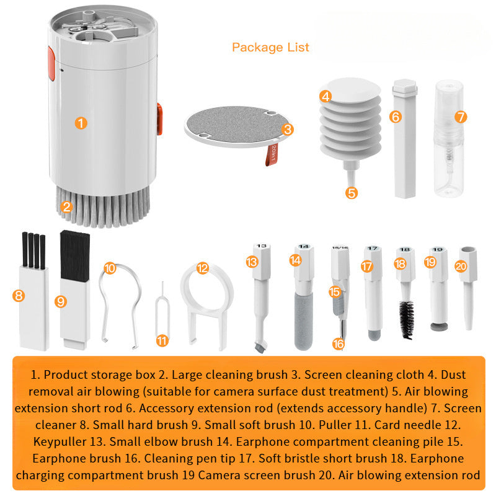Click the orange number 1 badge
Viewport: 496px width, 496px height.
(81, 122)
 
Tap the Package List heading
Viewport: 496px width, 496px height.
(270, 47)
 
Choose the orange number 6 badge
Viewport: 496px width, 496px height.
(396, 116)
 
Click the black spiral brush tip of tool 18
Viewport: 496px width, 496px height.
(407, 319)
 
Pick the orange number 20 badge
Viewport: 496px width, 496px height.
(461, 266)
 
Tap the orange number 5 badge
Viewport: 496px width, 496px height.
(352, 192)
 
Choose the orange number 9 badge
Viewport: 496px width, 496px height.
(60, 301)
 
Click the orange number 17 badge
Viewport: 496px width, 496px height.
(367, 266)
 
